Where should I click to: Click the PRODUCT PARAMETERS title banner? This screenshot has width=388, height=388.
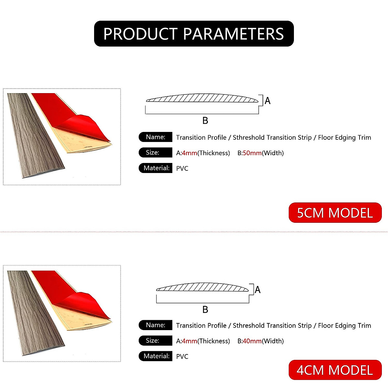[194, 34]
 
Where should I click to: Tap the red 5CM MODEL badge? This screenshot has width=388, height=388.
[335, 213]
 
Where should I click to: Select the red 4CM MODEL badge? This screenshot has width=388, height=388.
[335, 370]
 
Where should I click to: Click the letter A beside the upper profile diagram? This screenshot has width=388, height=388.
[267, 101]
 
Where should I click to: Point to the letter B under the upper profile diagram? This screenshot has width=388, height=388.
[205, 121]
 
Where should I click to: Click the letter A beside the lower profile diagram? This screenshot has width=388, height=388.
[257, 289]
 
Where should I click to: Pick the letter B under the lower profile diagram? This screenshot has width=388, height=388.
[205, 309]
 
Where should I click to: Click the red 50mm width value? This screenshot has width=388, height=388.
[252, 153]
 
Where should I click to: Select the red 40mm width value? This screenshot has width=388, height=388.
[252, 341]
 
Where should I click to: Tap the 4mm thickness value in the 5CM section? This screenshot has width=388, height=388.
[189, 153]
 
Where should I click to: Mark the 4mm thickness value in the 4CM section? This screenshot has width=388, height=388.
[189, 341]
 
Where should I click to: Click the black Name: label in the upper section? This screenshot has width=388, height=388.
[156, 137]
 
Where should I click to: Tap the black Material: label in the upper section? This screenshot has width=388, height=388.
[156, 168]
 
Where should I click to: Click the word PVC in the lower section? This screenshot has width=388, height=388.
[182, 356]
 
